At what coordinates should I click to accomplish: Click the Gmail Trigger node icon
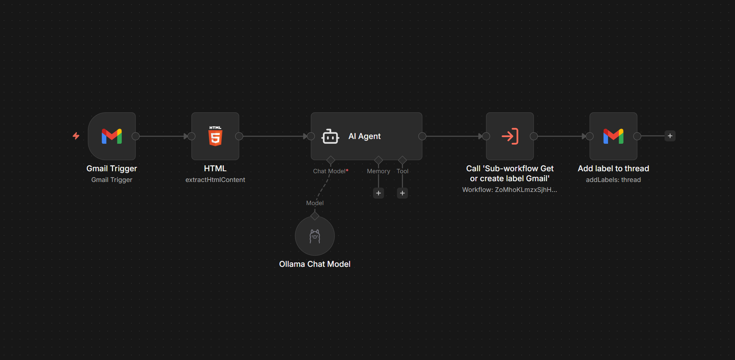[112, 136]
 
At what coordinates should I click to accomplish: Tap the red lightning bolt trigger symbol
[76, 136]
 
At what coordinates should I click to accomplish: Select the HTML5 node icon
[215, 136]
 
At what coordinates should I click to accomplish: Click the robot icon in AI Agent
[330, 136]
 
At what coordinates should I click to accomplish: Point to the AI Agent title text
[364, 136]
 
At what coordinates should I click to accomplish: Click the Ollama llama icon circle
[315, 236]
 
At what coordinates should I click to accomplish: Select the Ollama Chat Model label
[315, 264]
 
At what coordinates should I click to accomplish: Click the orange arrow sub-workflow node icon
[510, 136]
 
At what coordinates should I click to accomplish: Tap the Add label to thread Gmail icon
[613, 136]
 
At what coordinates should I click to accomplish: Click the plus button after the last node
[670, 136]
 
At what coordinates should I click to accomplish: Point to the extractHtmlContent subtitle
[215, 180]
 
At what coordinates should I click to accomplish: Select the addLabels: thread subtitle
[613, 180]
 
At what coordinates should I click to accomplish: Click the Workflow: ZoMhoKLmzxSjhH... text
[510, 190]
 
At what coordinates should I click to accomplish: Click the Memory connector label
[378, 171]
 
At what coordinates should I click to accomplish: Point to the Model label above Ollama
[315, 203]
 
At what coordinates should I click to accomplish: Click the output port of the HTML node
[239, 136]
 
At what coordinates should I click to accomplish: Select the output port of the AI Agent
[422, 136]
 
